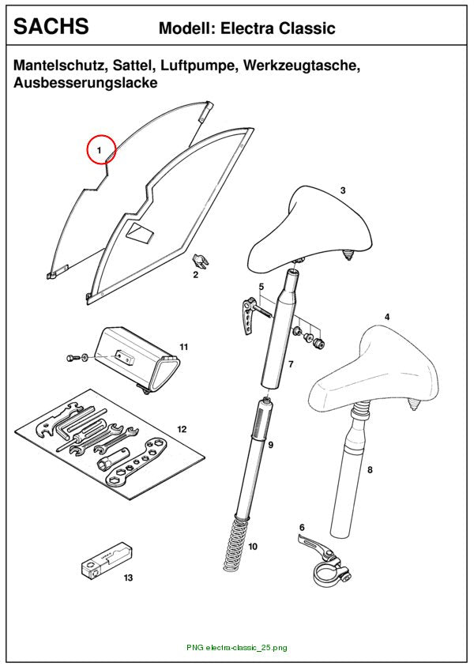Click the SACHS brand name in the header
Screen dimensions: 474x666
51,26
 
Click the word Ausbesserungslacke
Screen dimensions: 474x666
85,82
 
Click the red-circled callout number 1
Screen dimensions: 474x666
100,150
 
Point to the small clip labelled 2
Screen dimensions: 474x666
201,259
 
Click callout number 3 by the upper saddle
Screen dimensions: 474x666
343,190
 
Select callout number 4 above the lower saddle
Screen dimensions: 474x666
387,317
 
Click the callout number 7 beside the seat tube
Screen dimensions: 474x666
291,364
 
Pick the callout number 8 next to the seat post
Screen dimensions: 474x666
370,470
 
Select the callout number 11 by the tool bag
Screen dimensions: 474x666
183,347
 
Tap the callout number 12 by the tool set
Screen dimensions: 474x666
182,430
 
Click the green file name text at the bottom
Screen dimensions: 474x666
236,648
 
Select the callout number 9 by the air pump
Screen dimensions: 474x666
270,445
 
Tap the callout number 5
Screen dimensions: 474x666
261,287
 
